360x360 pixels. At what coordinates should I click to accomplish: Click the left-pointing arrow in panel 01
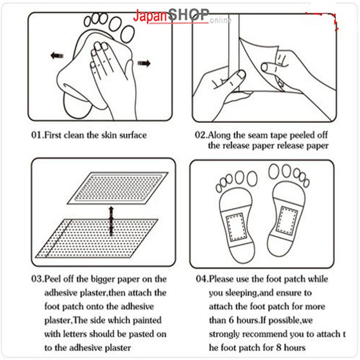[x=57, y=56]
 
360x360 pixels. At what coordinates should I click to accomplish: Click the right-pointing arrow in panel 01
[x=144, y=63]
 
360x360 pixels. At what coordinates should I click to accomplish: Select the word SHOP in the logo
[x=188, y=14]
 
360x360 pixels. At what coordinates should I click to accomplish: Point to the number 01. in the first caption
[x=38, y=135]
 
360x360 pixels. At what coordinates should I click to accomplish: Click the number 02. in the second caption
[x=201, y=135]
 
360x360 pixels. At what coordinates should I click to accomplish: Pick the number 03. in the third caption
[x=38, y=279]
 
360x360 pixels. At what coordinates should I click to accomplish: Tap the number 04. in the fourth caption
[x=202, y=279]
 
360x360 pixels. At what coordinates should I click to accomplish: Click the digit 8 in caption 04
[x=279, y=347]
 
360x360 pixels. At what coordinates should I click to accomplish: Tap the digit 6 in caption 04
[x=231, y=320]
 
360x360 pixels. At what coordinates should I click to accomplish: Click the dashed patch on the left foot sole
[x=237, y=227]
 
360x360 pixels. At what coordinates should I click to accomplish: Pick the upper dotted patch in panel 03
[x=118, y=188]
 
